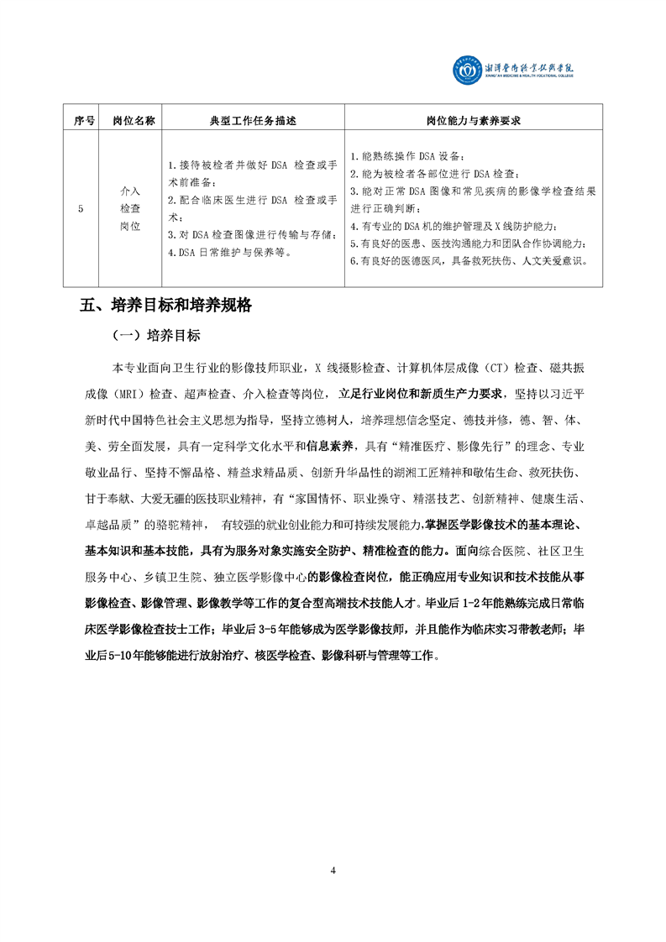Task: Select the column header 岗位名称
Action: click(x=134, y=121)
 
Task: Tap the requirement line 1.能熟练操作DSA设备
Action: click(x=406, y=157)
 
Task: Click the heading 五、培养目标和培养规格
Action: click(x=165, y=306)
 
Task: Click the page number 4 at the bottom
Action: click(x=333, y=870)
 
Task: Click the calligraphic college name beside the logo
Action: click(x=530, y=68)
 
